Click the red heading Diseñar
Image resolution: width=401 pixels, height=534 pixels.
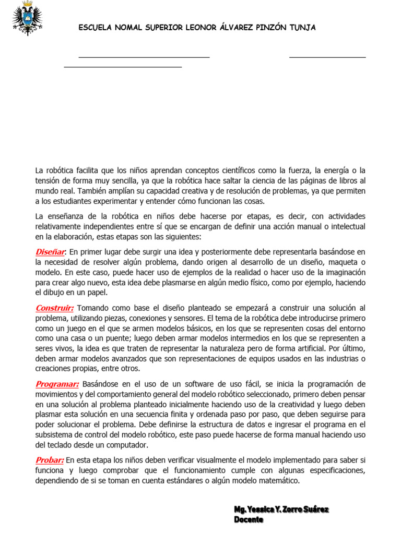(x=50, y=252)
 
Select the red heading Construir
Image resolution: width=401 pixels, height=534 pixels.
(x=54, y=308)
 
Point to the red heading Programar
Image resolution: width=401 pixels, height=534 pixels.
(x=57, y=384)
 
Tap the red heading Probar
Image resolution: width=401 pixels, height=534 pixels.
(x=50, y=459)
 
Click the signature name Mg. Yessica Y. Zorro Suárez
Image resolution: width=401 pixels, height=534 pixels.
(x=281, y=509)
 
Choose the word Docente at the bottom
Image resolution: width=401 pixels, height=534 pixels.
(x=249, y=519)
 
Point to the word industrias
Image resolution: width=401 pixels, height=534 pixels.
(x=336, y=358)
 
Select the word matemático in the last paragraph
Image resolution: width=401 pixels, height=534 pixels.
(x=278, y=480)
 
